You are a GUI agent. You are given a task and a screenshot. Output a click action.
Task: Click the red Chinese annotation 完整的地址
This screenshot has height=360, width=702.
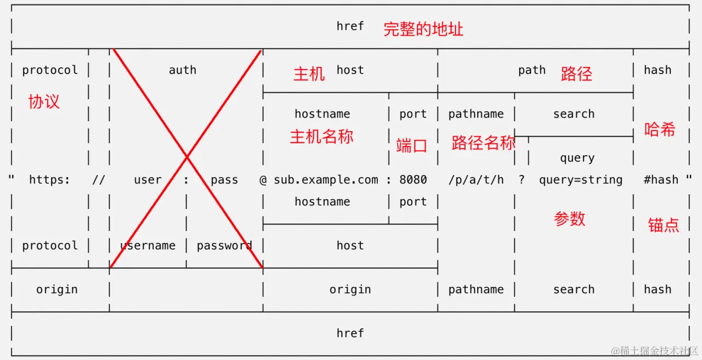click(423, 29)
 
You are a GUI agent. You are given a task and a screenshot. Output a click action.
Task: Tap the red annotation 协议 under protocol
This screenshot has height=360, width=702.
click(44, 102)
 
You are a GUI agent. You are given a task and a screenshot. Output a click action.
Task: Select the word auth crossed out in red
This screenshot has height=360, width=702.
click(183, 70)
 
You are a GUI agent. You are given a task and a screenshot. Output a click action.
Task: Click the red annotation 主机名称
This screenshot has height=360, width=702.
click(321, 137)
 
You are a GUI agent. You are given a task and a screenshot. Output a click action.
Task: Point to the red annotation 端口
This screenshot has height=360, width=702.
click(411, 145)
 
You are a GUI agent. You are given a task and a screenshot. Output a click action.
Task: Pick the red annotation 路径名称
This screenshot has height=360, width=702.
click(483, 143)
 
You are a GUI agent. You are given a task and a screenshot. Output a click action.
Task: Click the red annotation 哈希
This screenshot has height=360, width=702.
click(660, 130)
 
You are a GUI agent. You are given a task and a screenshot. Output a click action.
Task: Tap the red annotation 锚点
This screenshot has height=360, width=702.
click(664, 224)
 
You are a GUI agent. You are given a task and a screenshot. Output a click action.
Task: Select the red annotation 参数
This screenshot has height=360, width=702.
click(570, 219)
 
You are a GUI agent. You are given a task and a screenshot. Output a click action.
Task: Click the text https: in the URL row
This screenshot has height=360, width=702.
click(49, 180)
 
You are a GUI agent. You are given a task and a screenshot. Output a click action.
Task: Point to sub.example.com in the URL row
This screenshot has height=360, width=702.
click(326, 180)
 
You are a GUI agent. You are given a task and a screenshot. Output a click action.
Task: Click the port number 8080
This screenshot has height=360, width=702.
click(413, 180)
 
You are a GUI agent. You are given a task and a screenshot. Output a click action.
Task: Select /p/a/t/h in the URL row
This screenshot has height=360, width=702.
click(476, 180)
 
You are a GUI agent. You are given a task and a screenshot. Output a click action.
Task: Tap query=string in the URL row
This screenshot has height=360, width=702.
click(581, 180)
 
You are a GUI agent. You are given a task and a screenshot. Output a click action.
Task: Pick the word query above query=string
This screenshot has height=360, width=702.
click(578, 158)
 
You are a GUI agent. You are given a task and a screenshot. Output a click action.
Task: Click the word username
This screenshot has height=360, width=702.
click(148, 246)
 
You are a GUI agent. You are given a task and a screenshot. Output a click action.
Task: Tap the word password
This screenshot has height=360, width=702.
click(224, 246)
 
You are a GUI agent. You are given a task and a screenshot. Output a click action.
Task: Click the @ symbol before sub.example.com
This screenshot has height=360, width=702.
click(263, 180)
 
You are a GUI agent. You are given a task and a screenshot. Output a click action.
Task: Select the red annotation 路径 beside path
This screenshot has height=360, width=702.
click(576, 74)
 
